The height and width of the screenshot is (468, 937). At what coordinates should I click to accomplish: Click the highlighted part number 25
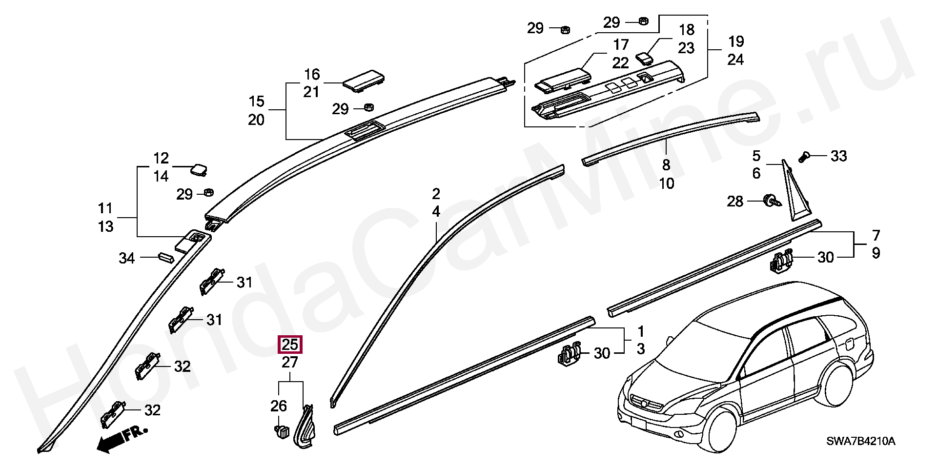pos(290,345)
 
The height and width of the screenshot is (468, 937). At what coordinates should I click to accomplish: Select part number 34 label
pos(126,258)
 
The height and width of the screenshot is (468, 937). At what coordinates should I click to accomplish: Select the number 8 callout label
pos(666,165)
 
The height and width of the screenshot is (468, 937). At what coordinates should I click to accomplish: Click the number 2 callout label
pos(436,194)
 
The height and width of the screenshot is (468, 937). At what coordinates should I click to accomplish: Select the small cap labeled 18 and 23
pos(646,58)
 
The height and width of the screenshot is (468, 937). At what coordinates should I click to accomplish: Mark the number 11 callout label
pos(105,208)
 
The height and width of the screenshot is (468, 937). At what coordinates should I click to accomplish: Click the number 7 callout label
pos(876,235)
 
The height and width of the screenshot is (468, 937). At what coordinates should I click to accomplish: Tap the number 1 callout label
pos(640,331)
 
